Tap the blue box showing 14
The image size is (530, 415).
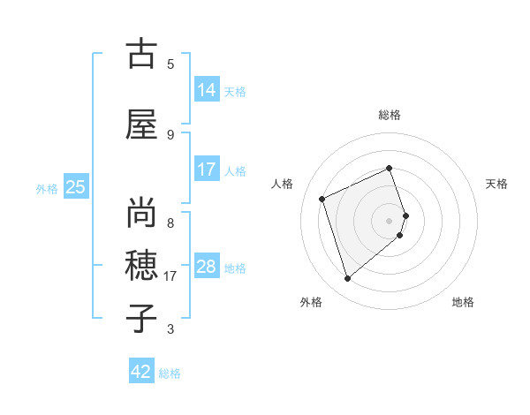207,89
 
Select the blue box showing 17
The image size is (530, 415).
207,169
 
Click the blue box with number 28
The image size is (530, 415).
207,266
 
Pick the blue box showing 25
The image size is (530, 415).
76,186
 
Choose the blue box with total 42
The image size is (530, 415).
141,372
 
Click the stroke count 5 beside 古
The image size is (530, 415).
170,64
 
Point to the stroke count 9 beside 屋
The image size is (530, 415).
170,134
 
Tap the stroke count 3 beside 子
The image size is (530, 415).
170,329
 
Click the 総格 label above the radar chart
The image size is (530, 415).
390,115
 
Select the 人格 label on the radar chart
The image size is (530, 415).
284,184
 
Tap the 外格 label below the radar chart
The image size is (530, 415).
310,302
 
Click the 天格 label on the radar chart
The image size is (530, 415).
496,184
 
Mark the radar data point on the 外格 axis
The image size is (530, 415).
347,279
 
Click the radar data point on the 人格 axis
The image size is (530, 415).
322,199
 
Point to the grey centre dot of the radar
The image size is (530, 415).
390,220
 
